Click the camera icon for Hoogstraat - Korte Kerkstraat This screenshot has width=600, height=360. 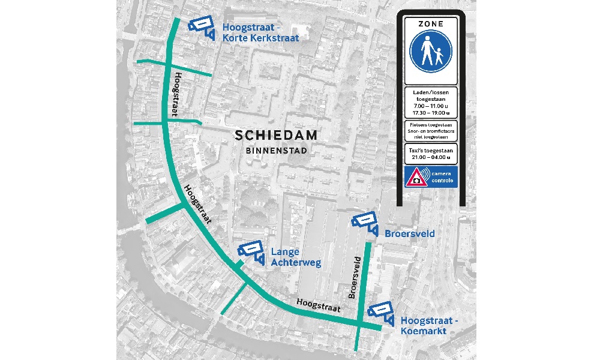pos(203,26)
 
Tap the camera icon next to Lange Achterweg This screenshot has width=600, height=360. pos(252,251)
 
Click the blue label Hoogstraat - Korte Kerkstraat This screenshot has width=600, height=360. pos(260,32)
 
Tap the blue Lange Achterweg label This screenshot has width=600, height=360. pos(296,257)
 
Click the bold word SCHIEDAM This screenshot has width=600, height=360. pos(276,136)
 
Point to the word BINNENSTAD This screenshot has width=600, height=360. pos(276,151)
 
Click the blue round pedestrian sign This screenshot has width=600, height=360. pos(430,53)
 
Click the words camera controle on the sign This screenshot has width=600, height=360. pos(442,177)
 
